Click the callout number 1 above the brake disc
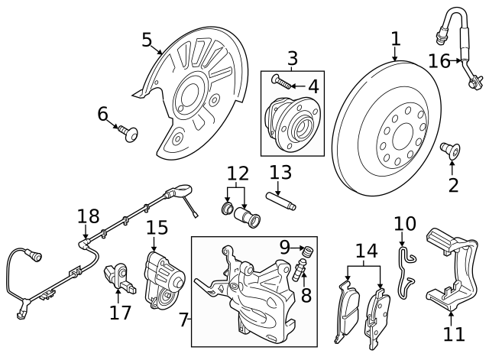point(395,38)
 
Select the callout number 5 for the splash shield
point(147,40)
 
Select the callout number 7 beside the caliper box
point(183,319)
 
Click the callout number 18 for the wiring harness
point(89,217)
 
